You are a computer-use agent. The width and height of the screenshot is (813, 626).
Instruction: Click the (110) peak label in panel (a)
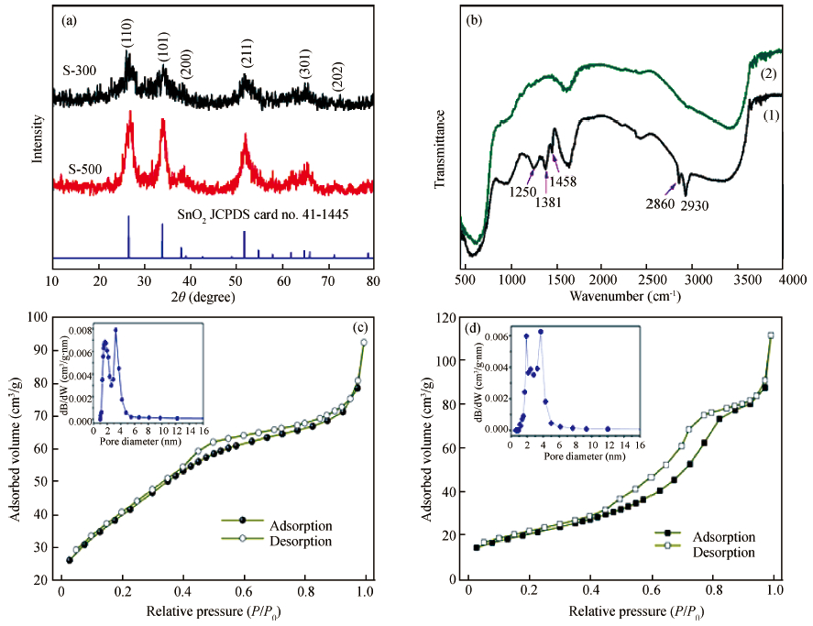(x=126, y=35)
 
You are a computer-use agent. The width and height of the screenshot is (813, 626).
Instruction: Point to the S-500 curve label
(x=85, y=170)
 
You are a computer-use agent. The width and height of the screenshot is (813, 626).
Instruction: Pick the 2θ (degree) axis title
(x=212, y=297)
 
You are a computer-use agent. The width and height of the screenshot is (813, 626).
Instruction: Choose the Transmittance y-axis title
(x=440, y=149)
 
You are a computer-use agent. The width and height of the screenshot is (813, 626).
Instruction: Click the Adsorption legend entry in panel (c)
(x=299, y=525)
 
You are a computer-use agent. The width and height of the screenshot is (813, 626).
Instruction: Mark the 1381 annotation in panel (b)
(x=547, y=203)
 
